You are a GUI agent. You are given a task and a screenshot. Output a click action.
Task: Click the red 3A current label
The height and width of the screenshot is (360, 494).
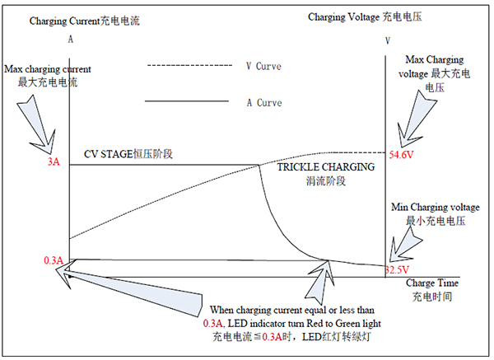coord(54,161)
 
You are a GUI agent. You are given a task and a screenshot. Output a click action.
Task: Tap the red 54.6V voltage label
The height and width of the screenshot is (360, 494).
coord(401,155)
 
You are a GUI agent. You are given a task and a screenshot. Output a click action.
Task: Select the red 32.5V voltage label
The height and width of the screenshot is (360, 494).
coord(397,270)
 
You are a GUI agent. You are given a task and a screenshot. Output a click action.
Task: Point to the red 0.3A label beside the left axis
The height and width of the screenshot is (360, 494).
coord(54,260)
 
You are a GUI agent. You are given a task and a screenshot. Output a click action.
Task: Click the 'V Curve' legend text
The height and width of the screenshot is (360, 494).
coord(263,66)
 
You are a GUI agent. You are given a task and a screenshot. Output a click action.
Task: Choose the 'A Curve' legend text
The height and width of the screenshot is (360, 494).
coord(264,103)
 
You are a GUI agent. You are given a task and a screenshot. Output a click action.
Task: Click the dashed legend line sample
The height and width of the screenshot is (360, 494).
coord(189,66)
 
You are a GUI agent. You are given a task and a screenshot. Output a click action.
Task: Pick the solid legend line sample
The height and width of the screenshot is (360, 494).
coord(187,101)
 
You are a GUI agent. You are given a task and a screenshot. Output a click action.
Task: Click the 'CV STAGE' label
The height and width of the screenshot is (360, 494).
coord(108,154)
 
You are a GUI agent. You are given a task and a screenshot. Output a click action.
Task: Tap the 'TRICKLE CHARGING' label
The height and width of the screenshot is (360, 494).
coord(326,166)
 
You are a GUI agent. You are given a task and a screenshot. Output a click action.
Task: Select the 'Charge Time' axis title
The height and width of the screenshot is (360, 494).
coord(432,283)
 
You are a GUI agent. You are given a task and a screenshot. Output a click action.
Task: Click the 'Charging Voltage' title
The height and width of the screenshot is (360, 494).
coord(343,16)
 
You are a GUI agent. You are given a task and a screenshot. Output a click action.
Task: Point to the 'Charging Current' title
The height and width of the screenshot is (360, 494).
coord(64,21)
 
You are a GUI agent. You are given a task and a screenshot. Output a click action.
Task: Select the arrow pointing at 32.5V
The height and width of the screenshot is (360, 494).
coord(405,245)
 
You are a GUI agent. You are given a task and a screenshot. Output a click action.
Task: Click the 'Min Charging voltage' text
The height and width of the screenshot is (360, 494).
coord(436,207)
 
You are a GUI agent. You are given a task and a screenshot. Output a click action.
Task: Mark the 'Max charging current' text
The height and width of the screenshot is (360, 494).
coord(48,69)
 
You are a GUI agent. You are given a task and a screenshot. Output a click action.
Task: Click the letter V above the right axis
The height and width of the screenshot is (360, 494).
coord(388,40)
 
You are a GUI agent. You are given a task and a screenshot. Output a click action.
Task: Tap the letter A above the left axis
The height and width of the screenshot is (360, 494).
coord(71,40)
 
